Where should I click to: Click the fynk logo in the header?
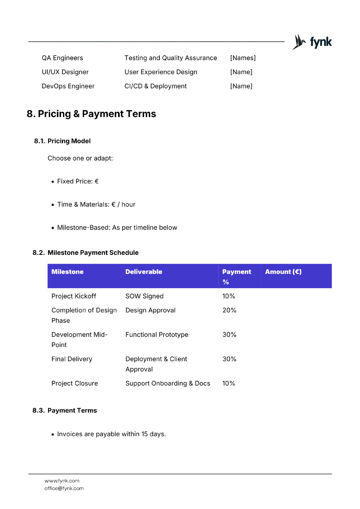tap(312, 42)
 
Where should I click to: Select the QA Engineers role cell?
tap(62, 58)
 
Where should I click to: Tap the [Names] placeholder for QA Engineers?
tap(243, 58)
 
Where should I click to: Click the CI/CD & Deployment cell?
tap(155, 86)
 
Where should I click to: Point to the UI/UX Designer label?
tap(65, 72)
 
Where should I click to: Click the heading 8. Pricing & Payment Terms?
tap(91, 114)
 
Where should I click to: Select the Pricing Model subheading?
tap(69, 141)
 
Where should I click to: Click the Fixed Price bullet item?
tap(78, 181)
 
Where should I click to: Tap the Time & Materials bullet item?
tap(96, 205)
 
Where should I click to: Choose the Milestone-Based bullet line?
tap(117, 228)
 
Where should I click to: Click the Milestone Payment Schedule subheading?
tap(93, 253)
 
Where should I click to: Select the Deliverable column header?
tap(144, 272)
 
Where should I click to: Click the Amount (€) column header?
tap(283, 272)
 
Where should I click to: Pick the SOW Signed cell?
tap(145, 296)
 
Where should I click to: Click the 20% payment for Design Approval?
tap(229, 310)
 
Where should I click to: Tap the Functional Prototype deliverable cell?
tap(157, 335)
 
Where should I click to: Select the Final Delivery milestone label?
tap(72, 359)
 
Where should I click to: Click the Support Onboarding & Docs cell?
tap(168, 383)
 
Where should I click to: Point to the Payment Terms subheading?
tap(72, 410)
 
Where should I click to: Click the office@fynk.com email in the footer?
tap(64, 488)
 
